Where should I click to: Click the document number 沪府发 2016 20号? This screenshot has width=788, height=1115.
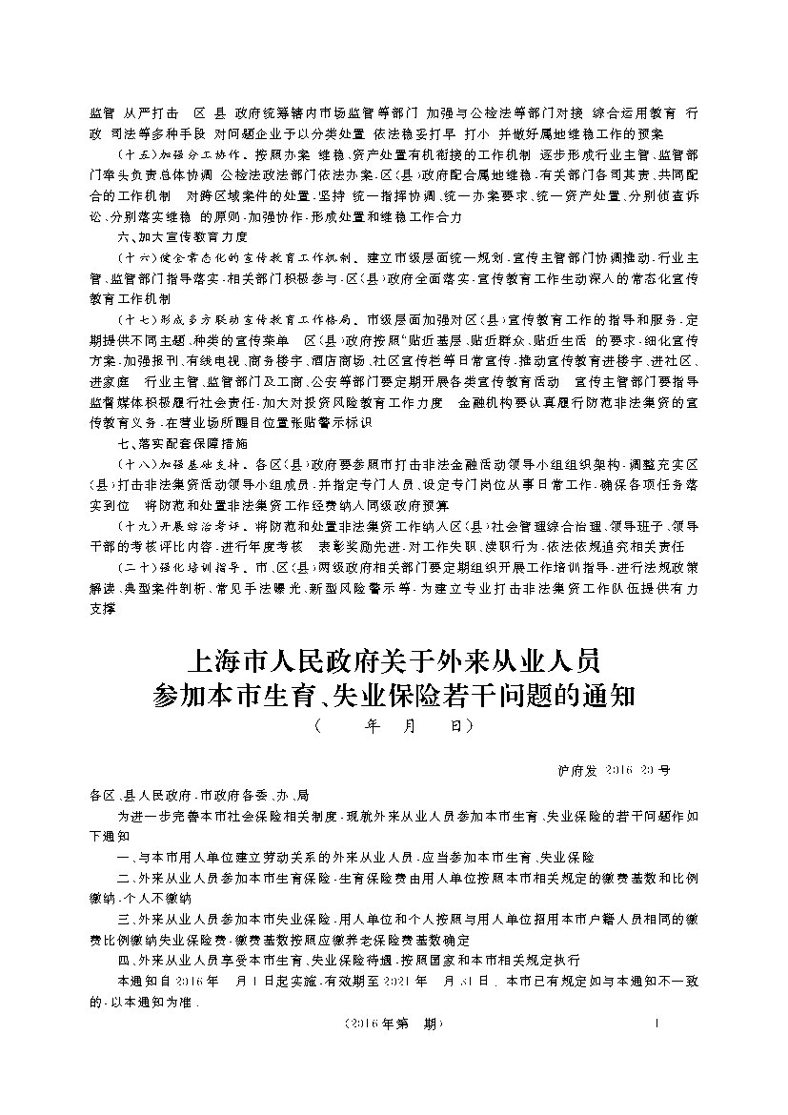point(619,768)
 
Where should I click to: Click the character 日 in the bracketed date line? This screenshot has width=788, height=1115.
point(455,726)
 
